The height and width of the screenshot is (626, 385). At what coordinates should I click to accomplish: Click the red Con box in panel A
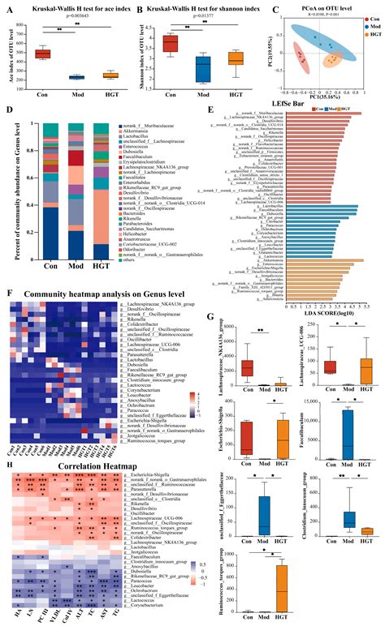41,54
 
